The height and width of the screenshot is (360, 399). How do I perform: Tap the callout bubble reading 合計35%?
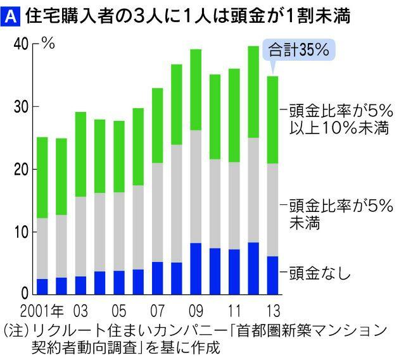pyautogui.click(x=298, y=50)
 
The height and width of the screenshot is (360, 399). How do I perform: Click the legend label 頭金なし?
pyautogui.click(x=319, y=274)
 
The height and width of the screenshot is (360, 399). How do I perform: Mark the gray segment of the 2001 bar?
pyautogui.click(x=42, y=248)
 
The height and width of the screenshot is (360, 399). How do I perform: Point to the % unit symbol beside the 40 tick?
pyautogui.click(x=47, y=44)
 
